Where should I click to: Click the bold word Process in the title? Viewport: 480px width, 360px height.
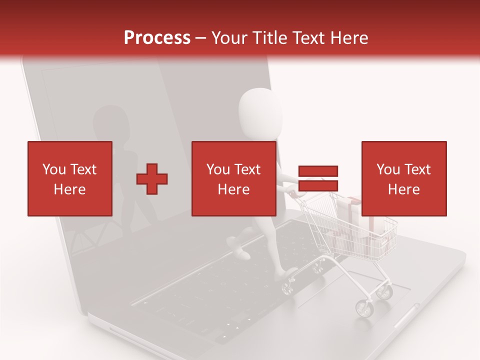pos(157,38)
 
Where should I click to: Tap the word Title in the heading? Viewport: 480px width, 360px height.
pos(270,38)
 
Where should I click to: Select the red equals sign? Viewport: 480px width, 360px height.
pos(318,179)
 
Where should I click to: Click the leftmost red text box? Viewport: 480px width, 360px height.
pos(70,178)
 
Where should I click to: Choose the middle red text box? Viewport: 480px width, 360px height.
pos(234,178)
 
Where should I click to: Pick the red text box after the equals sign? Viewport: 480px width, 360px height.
pos(404,178)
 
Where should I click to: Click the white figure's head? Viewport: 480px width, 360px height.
pos(260,112)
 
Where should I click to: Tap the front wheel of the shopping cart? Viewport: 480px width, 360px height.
pos(364,308)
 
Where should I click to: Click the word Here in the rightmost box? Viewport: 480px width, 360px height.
pos(404,189)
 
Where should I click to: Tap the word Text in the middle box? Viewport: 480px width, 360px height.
pos(247,169)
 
